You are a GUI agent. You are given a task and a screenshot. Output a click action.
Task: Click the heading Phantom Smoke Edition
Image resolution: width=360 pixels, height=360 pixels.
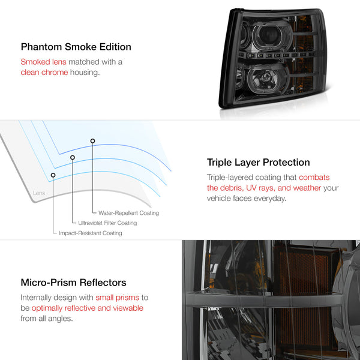pos(76,47)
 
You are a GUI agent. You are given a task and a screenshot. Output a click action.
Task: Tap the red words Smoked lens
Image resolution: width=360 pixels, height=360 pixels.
pos(43,62)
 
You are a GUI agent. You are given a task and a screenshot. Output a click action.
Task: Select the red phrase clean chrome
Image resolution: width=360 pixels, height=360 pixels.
pos(44,73)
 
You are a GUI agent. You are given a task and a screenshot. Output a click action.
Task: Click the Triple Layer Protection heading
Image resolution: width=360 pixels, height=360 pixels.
pos(258,163)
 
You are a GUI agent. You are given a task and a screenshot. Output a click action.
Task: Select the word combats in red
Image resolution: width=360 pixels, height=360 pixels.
pos(314,177)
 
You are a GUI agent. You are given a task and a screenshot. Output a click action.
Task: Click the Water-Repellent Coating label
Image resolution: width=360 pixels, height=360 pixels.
pos(128,213)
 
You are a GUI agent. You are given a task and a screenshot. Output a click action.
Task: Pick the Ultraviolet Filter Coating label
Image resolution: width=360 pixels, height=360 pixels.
pos(107,223)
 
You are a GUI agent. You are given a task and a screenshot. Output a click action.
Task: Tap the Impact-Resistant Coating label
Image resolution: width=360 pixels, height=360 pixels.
pos(91,233)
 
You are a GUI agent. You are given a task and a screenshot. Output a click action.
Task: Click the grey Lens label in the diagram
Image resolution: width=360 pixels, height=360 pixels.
pos(39,193)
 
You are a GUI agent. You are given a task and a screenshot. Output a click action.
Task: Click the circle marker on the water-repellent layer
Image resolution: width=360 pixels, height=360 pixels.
pos(92,141)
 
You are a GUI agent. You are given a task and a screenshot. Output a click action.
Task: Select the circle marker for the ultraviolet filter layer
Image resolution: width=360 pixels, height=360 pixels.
pos(73,157)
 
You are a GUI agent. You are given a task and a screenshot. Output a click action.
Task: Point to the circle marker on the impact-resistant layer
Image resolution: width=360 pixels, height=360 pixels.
pos(53,175)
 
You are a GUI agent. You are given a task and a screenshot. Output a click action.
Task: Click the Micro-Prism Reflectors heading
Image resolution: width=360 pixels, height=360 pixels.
pos(73,283)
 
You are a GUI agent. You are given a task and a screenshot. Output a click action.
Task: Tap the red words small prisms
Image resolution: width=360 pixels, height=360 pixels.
pos(118,298)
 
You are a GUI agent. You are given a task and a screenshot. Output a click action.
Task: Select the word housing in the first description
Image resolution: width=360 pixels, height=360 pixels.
pos(85,73)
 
